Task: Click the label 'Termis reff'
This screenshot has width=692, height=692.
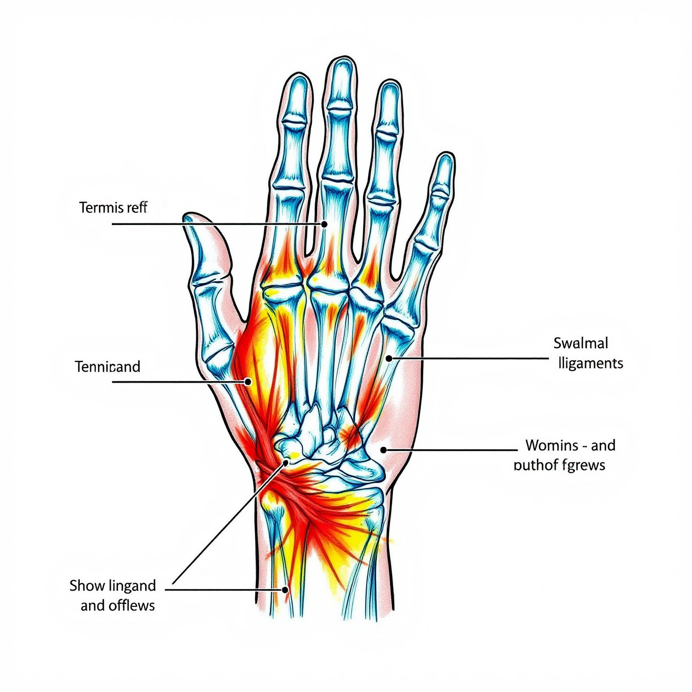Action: coord(113,208)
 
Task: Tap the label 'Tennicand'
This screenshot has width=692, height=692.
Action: coord(108,367)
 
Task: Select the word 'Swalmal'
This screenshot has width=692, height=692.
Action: coord(581,343)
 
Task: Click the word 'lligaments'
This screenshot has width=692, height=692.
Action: coord(591,363)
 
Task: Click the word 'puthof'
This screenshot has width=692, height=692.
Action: coord(536,465)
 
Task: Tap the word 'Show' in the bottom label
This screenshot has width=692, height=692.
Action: coord(87,586)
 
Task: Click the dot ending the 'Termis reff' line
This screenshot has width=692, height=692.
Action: coord(324,224)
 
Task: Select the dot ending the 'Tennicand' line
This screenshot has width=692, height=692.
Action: coord(248,382)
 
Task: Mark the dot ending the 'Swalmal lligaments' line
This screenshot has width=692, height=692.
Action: coord(389,358)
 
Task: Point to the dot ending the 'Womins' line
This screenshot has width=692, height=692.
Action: coord(383,450)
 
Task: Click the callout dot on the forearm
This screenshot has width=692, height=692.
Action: coord(285,590)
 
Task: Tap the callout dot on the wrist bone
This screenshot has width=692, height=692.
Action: coord(286,462)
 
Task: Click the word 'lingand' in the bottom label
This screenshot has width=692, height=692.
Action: coord(132,586)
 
